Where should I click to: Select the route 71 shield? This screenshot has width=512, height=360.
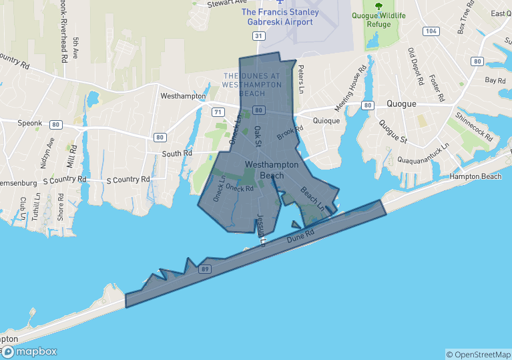coord(218,112)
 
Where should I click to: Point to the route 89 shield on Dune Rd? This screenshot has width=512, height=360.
coord(204,268)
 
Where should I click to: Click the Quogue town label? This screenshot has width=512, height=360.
coord(401,104)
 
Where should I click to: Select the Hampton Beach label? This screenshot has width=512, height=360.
coord(475,176)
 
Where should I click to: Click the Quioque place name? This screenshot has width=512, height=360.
coord(326,121)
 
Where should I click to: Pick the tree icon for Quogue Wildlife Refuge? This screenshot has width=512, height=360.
coord(379,7)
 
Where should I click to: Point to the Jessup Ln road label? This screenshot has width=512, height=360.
coord(262,230)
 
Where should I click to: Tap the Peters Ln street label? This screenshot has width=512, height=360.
coord(301,79)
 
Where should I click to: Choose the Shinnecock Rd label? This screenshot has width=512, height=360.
coord(473,127)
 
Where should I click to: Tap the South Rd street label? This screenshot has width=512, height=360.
coord(177,154)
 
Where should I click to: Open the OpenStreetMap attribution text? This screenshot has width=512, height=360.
coord(478,354)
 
